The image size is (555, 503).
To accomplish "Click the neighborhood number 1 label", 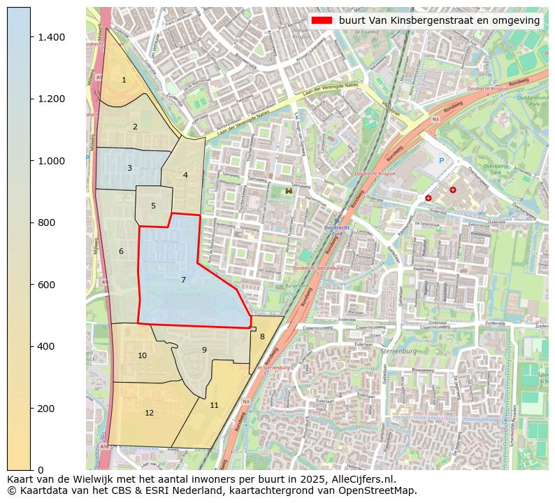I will (x=124, y=80).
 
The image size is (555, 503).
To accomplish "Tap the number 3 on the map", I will (x=129, y=169).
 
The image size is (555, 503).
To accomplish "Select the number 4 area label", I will (x=185, y=176).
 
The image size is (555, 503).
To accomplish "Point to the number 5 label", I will (x=153, y=206).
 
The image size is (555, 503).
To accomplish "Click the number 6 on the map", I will (x=121, y=252).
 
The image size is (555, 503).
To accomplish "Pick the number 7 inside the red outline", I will (x=183, y=281).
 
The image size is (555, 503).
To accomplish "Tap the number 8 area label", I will (x=262, y=337).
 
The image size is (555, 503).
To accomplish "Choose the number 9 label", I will (x=204, y=350).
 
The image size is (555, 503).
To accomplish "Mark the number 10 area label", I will (x=142, y=356).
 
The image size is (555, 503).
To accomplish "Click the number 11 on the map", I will (x=214, y=406).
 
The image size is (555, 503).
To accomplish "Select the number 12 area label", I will (x=149, y=413).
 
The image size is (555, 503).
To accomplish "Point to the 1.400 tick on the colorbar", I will (x=52, y=37).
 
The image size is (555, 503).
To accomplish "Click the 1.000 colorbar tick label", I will (x=52, y=161).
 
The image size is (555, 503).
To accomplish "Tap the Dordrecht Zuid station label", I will (x=336, y=230).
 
